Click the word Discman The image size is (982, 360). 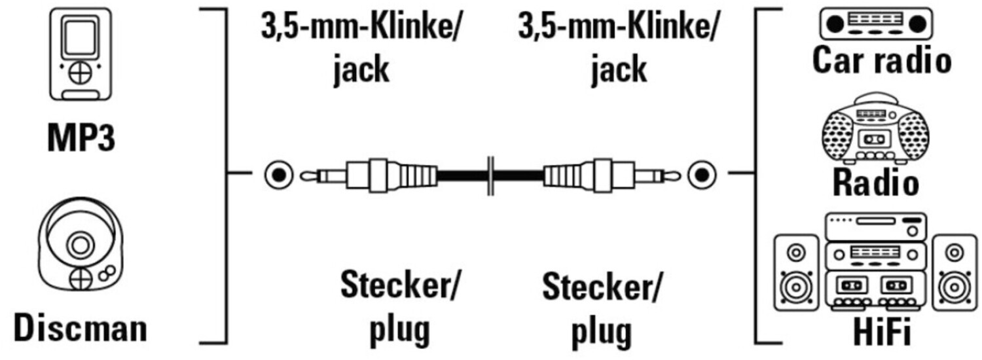81,329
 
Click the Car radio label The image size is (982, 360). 881,61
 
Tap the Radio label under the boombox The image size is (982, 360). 875,184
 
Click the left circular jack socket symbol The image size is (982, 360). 278,175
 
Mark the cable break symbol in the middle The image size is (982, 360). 490,175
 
